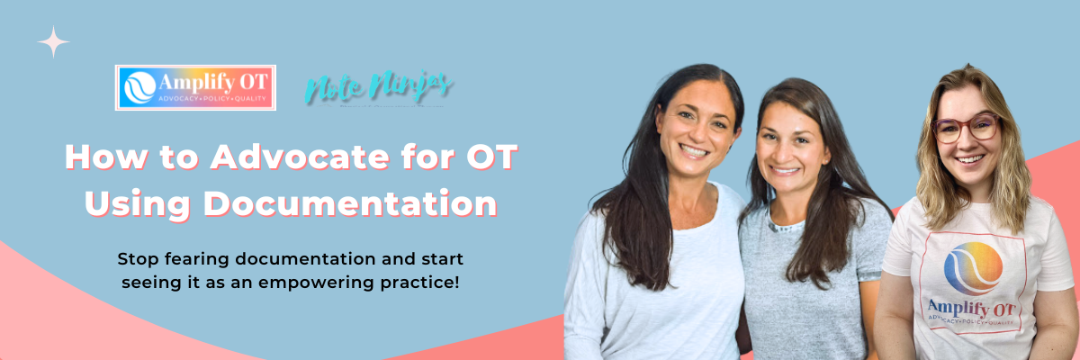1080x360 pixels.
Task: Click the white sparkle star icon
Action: tap(54, 41)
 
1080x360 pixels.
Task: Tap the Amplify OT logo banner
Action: tap(195, 87)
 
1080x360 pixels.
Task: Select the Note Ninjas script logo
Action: tap(379, 87)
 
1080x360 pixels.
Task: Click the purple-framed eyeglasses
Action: tap(965, 128)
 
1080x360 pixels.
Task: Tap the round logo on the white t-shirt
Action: tap(973, 268)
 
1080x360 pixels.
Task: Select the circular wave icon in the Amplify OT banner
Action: tap(139, 87)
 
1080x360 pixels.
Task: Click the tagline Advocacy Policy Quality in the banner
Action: tap(211, 98)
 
